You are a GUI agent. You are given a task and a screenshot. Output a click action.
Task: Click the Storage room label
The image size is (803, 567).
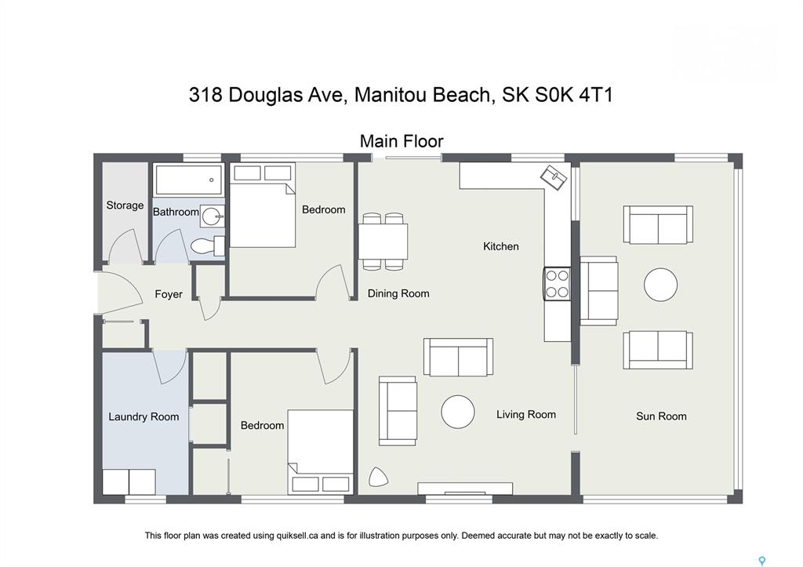coord(125,205)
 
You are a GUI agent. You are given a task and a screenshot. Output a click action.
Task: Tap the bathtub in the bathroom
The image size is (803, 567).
coord(189,180)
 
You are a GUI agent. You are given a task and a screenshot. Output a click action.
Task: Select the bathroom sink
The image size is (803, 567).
coord(212,216)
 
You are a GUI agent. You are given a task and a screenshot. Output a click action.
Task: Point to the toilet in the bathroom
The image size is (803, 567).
coord(207,245)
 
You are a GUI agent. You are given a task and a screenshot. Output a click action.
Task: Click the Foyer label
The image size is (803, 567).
coord(169,294)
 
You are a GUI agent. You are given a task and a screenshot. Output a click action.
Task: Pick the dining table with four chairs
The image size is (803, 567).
coord(383,242)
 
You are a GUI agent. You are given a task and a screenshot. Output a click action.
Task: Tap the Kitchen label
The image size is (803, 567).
coord(501,246)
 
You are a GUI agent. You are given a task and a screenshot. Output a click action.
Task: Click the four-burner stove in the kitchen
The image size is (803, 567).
coord(557,283)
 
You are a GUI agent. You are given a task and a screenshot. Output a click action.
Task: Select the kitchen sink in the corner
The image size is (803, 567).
coord(554,176)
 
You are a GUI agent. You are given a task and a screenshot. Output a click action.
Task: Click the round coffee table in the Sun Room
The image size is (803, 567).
coord(660,284)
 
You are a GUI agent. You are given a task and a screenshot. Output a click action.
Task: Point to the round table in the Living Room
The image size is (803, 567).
coord(458,411)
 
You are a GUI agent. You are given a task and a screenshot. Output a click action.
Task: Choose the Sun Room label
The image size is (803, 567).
coord(661,416)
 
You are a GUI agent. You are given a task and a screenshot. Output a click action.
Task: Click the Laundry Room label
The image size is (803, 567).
coord(144,417)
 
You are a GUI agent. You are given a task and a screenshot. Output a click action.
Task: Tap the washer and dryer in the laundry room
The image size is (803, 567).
coord(129,482)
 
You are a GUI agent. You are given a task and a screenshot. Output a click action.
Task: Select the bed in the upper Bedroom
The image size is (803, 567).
coord(262,205)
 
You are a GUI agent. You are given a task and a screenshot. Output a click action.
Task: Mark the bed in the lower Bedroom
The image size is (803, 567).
coord(321,452)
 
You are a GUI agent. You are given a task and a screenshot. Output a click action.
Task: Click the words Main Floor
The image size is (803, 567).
coord(401,141)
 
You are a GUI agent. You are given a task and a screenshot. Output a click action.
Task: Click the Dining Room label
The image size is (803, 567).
coord(398,293)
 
